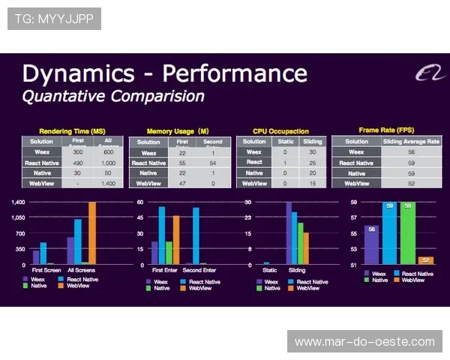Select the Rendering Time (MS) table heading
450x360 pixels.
coord(72,131)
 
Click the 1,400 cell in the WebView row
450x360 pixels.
coord(109,183)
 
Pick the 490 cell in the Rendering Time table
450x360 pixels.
coord(77,162)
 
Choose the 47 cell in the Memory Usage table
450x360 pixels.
coord(181,183)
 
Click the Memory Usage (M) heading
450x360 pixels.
coord(177,131)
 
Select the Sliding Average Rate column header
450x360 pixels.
coord(411,141)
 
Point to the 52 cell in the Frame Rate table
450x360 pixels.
coord(411,183)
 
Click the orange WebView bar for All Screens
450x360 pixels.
coord(92,232)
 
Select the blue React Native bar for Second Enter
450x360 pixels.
coord(196,235)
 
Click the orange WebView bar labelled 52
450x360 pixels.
coord(425,260)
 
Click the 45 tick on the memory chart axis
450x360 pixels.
coord(139,218)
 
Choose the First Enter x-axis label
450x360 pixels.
coord(164,269)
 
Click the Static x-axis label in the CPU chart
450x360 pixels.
coord(269,269)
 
